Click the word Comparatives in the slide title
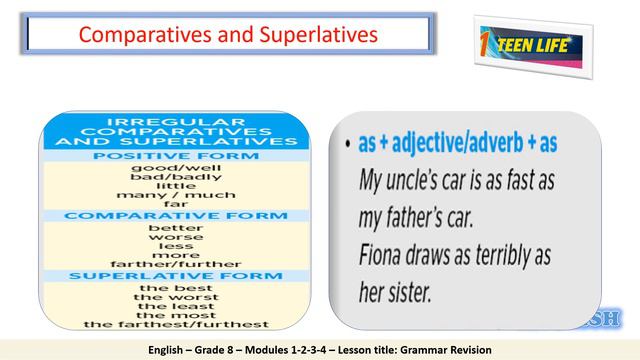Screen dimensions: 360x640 [136, 35]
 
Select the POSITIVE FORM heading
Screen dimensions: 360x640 [175, 157]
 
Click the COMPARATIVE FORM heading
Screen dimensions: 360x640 [175, 215]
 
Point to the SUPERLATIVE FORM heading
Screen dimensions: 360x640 [175, 274]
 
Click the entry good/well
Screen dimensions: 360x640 [175, 168]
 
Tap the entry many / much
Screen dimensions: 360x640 [175, 194]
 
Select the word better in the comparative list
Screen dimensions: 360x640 [175, 227]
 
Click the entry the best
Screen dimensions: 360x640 [175, 288]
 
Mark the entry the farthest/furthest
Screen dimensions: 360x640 [175, 324]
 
